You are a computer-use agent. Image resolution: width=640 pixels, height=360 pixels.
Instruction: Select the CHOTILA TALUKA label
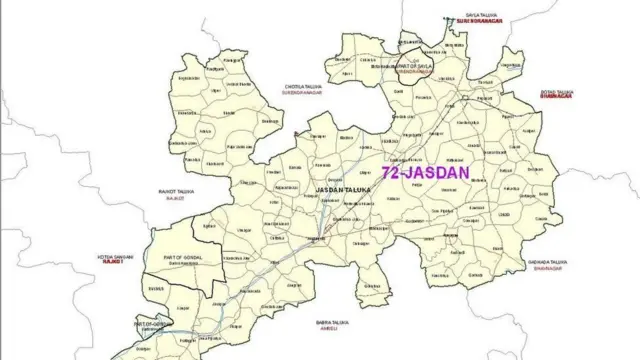coord(306,84)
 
